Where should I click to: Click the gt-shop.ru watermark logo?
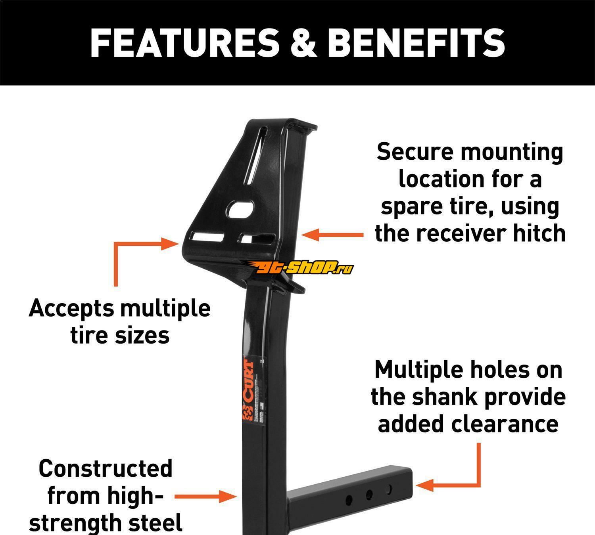[304, 269]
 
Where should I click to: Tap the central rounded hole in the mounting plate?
[241, 208]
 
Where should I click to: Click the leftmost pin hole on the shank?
[349, 500]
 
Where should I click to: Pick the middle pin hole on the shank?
[369, 495]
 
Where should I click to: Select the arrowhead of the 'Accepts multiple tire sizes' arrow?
[171, 244]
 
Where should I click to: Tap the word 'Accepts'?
[71, 309]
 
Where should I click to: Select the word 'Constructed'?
[106, 468]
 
